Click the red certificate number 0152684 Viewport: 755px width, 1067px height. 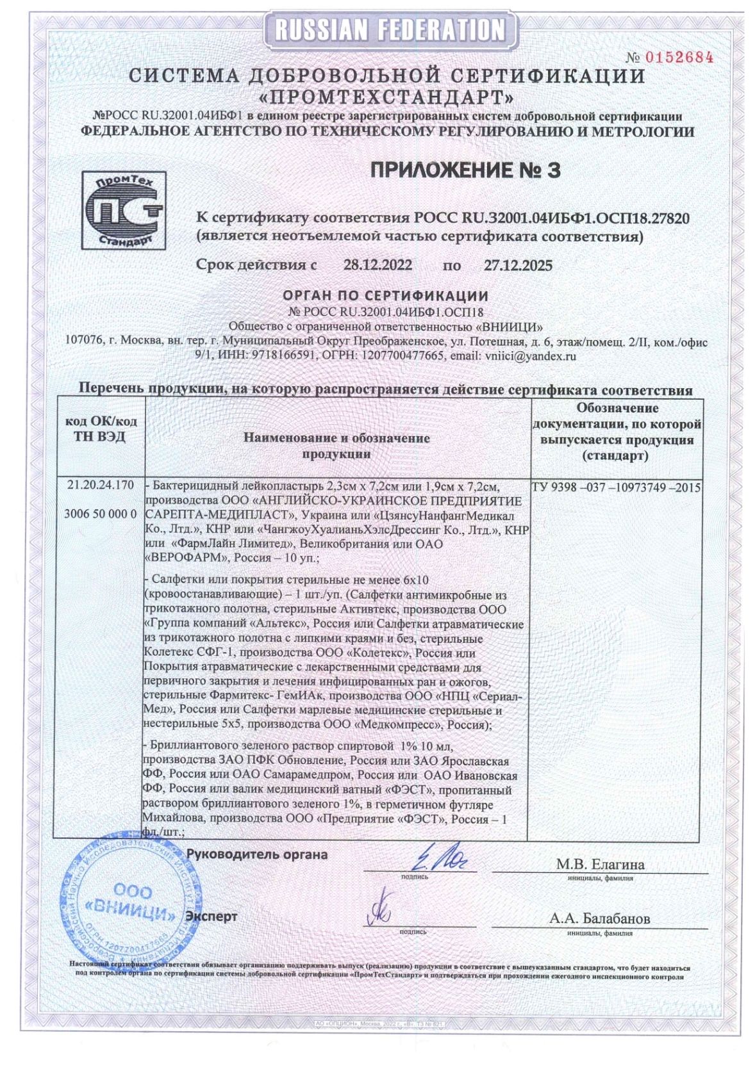pyautogui.click(x=679, y=57)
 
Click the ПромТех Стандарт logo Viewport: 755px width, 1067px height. pyautogui.click(x=124, y=210)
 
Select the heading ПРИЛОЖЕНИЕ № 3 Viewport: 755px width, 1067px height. pyautogui.click(x=465, y=170)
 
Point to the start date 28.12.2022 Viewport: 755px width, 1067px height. pyautogui.click(x=377, y=265)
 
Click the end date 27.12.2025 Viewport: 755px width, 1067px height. pyautogui.click(x=518, y=265)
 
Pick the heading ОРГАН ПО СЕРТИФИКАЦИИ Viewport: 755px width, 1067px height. pyautogui.click(x=386, y=296)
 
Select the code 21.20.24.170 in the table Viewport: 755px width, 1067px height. pyautogui.click(x=101, y=485)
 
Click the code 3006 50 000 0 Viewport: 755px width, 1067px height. pyautogui.click(x=101, y=514)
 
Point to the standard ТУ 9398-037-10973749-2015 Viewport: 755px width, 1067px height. pyautogui.click(x=616, y=487)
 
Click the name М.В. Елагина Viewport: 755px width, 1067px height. pyautogui.click(x=600, y=864)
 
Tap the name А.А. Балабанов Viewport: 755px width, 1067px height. pyautogui.click(x=599, y=918)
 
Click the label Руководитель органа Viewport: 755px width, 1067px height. pyautogui.click(x=257, y=854)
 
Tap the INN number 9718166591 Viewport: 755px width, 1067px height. pyautogui.click(x=282, y=355)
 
